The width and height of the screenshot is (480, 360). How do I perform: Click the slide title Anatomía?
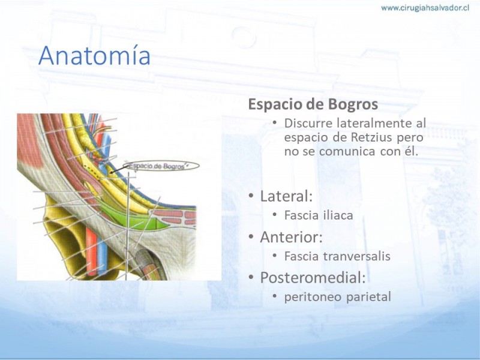pos(94,55)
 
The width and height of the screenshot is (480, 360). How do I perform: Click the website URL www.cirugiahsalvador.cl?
pos(425,8)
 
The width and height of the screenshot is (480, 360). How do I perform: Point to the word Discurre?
pos(308,123)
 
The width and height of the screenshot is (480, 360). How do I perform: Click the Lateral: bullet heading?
pos(286,196)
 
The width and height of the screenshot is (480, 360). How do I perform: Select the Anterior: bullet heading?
pos(291,237)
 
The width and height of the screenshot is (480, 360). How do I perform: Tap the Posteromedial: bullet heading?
pos(313,278)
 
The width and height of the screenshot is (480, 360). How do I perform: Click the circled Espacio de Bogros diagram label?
pos(161,166)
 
